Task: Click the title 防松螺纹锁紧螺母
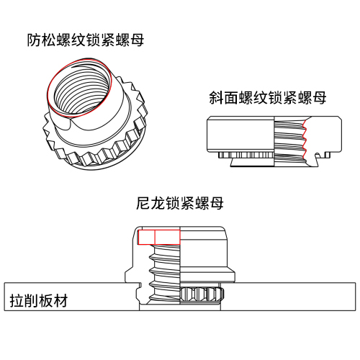click(86, 40)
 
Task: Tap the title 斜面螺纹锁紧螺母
click(268, 98)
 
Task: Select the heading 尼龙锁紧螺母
click(180, 203)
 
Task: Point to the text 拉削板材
click(39, 301)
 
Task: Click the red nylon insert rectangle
click(159, 237)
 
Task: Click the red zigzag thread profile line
click(305, 139)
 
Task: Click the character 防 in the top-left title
click(34, 40)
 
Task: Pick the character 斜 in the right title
click(216, 98)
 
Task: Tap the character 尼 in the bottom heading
click(143, 203)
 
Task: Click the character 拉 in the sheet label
click(17, 301)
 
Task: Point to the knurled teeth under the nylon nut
click(202, 294)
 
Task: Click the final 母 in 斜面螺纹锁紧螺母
click(319, 98)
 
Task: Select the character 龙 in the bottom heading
click(158, 203)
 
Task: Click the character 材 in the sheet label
click(60, 301)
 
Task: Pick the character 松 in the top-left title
click(49, 40)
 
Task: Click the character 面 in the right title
click(231, 98)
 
